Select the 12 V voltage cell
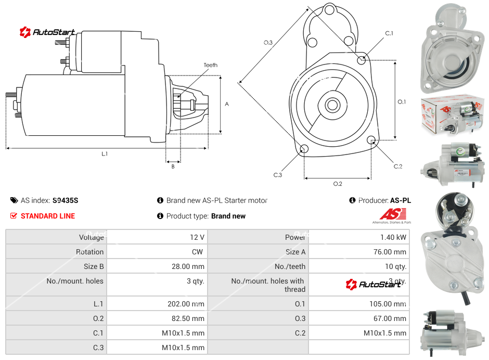pyautogui.click(x=197, y=237)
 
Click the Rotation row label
pyautogui.click(x=89, y=252)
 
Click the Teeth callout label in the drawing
pyautogui.click(x=211, y=65)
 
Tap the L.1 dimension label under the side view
pyautogui.click(x=105, y=154)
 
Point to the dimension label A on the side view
pyautogui.click(x=227, y=104)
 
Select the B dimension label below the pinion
pyautogui.click(x=173, y=166)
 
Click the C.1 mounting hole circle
pyautogui.click(x=362, y=60)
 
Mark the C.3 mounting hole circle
pyautogui.click(x=304, y=150)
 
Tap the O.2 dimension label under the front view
pyautogui.click(x=338, y=184)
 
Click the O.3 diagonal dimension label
pyautogui.click(x=268, y=43)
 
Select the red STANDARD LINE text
pyautogui.click(x=47, y=216)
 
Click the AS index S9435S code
pyautogui.click(x=65, y=200)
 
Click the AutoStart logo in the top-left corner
pyautogui.click(x=47, y=32)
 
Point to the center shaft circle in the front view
pyautogui.click(x=332, y=105)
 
